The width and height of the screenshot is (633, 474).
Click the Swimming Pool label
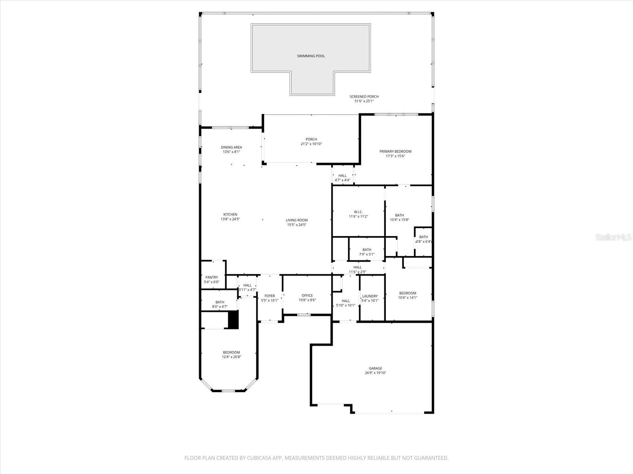coord(311,56)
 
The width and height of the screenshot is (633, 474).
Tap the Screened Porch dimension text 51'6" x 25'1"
coord(364,101)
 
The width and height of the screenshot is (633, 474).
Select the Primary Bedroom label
coord(395,151)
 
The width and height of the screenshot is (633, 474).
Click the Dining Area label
coord(231,147)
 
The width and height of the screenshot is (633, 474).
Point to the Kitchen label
coord(230,214)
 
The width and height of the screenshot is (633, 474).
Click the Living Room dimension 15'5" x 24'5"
coord(297,225)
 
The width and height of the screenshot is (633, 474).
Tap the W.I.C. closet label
coord(358,212)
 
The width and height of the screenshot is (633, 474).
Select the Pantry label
coord(212,277)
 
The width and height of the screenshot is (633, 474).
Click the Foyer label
coord(270,296)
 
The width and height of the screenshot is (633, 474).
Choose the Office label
coord(307,295)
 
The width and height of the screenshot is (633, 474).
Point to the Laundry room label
coord(370,296)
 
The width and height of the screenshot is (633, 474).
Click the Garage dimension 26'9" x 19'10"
coord(375,373)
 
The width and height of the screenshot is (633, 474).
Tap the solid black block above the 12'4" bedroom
coord(233,320)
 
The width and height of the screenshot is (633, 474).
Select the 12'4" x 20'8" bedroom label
coord(231,352)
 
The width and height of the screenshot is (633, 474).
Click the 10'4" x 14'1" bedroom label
coord(407,293)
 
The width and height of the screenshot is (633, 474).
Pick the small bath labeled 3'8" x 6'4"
coord(423,237)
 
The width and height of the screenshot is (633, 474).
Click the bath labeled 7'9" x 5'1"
coord(367,250)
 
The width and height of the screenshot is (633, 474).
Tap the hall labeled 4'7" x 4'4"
coord(343,176)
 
